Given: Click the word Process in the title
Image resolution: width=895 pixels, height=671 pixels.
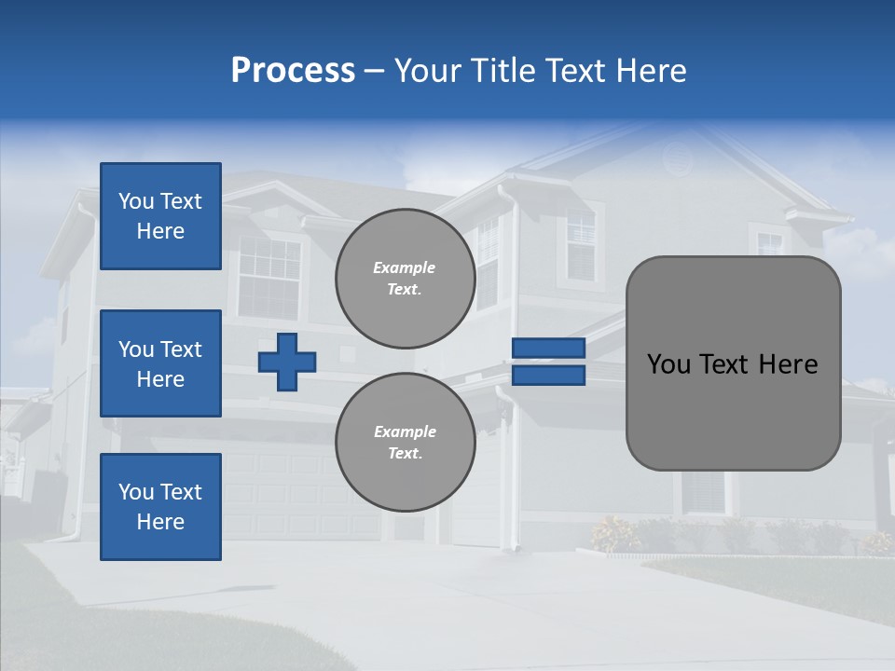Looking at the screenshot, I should coord(293,71).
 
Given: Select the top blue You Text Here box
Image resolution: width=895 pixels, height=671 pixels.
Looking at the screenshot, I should coord(160,216).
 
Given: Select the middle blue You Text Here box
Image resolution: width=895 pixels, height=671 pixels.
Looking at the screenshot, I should coord(160,363).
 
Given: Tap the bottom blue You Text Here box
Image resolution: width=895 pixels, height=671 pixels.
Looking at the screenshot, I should coord(160,506).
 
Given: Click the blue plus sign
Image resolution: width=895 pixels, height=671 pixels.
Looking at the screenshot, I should coord(287,362).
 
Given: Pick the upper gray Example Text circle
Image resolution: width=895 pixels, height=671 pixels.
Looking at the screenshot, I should coord(405,279).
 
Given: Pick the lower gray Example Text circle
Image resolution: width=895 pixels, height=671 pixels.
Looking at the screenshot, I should coord(405,442).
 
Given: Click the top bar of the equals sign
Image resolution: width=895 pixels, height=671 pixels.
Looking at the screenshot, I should coord(548,348).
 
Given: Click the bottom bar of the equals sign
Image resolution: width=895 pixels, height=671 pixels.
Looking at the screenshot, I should coord(548,376).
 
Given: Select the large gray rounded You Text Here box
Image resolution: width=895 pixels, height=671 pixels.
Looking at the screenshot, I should coord(733,363).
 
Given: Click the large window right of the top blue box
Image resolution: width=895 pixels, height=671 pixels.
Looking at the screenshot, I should coord(269,276).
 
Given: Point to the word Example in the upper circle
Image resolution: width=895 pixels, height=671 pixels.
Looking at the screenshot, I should coord(404,267).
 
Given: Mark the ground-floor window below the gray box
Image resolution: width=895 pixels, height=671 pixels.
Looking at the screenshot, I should coord(703,491).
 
